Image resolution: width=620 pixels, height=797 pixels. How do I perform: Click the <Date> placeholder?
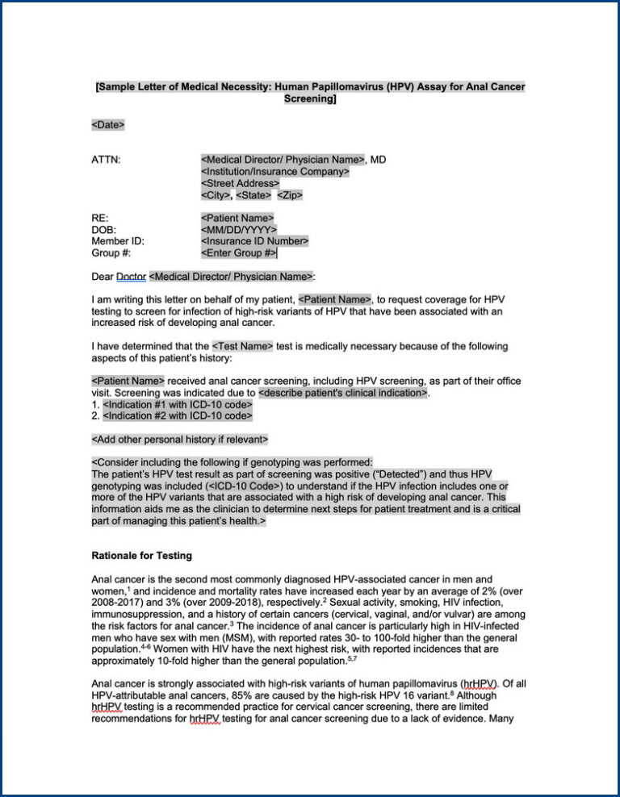108,125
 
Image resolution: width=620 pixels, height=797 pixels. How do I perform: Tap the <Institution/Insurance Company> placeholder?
274,172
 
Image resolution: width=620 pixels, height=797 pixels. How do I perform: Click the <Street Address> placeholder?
240,183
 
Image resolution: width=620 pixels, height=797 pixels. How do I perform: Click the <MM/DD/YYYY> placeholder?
238,230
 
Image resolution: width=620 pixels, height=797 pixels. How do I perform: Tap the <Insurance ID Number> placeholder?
254,241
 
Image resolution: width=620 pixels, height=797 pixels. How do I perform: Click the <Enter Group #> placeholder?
238,253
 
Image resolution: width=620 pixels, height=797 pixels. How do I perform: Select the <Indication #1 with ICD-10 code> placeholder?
178,404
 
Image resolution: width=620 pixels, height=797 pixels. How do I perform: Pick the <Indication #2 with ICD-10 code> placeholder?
178,416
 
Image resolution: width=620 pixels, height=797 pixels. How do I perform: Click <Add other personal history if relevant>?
180,440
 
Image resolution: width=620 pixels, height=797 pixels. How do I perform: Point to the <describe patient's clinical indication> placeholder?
343,393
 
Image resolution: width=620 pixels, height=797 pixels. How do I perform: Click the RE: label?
100,218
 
